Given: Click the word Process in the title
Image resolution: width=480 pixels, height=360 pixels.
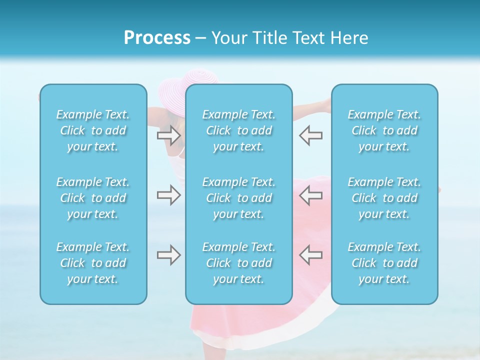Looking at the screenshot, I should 157,38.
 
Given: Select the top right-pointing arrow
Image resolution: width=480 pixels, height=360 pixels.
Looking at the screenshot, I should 168,135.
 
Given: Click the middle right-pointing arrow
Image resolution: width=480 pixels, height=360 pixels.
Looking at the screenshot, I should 168,194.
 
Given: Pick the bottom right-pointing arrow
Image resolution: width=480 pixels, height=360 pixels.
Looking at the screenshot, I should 168,254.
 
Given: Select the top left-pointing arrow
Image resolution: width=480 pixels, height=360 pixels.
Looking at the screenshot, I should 310,135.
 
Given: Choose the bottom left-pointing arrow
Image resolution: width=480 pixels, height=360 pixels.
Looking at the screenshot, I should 310,254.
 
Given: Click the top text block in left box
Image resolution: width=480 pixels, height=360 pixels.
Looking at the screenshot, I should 93,130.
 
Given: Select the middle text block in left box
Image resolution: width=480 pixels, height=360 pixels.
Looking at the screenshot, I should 93,198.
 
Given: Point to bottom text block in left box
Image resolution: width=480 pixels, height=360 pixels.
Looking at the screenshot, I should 93,263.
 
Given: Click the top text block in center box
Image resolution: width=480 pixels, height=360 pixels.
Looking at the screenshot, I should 238,130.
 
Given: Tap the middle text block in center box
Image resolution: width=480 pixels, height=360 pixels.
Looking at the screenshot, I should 238,198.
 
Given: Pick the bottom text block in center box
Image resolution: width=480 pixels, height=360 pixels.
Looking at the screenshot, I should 238,263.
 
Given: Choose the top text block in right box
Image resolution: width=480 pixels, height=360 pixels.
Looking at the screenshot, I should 384,130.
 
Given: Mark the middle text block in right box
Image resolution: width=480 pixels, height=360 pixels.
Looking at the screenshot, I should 384,198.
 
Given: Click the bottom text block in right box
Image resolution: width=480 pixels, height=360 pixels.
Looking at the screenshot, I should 384,263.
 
